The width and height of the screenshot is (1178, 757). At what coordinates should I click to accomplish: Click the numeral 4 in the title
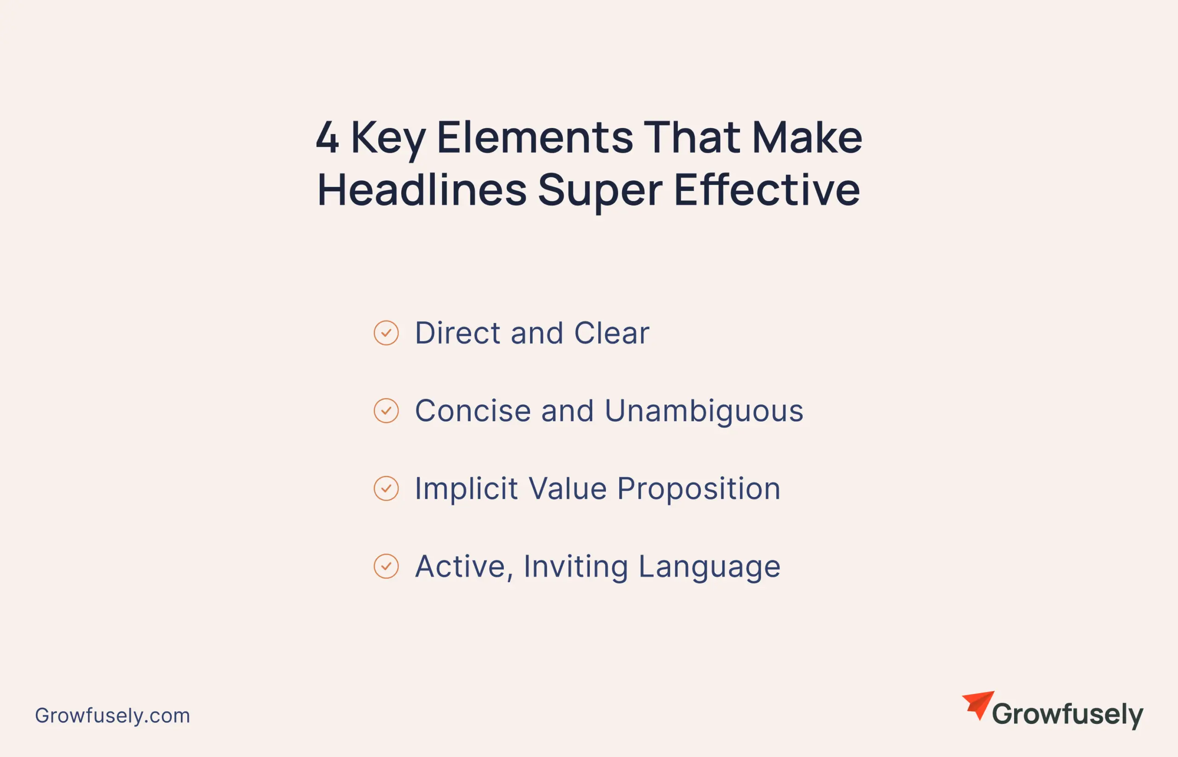tap(327, 137)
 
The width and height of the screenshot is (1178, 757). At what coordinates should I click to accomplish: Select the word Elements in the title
tap(535, 137)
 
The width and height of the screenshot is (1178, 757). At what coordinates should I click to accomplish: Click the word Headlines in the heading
tap(422, 190)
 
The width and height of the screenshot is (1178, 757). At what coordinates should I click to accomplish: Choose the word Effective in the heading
tap(767, 190)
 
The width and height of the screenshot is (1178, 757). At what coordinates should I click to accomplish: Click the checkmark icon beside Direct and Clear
tap(386, 333)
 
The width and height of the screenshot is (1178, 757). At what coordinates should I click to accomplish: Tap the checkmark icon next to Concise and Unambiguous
tap(386, 410)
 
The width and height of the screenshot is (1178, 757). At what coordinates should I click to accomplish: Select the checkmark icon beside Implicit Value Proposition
tap(386, 489)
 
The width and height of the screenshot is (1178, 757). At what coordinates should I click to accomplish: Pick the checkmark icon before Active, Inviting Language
tap(386, 566)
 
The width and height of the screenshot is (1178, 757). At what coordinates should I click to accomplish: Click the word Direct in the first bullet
tap(458, 333)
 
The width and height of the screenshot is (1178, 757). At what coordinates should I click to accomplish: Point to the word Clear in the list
tap(612, 333)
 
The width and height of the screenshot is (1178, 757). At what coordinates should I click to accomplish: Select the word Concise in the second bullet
tap(473, 410)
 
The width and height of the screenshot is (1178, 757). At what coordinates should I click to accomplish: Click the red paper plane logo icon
tap(978, 705)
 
